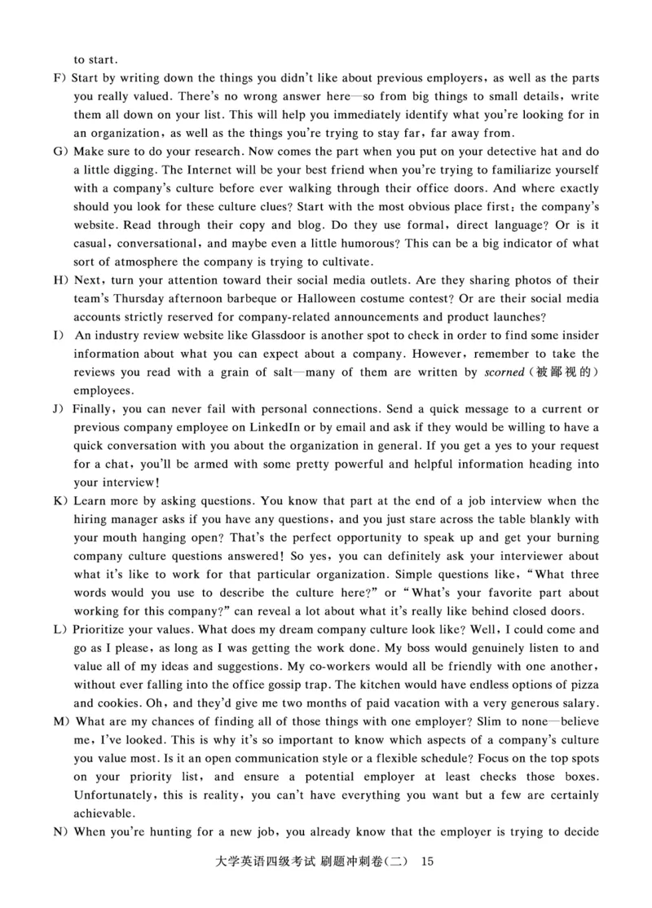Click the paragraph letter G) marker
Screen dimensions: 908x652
[59, 151]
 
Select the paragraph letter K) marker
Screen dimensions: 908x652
[59, 500]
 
